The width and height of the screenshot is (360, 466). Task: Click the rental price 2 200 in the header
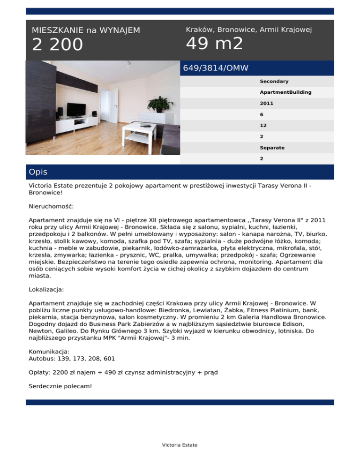(57, 45)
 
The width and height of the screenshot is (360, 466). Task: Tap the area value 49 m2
(214, 44)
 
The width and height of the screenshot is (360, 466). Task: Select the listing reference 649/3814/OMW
(216, 68)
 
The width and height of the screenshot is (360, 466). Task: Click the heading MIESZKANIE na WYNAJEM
(86, 30)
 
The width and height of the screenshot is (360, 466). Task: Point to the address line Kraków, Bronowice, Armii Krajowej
(249, 30)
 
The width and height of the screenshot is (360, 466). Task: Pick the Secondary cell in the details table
(274, 82)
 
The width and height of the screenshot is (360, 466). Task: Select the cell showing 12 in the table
(263, 126)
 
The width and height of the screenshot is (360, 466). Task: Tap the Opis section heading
(38, 172)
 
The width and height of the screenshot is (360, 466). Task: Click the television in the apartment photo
(76, 109)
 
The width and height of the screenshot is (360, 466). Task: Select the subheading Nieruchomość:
(51, 206)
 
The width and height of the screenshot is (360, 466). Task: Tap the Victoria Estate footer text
(180, 445)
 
